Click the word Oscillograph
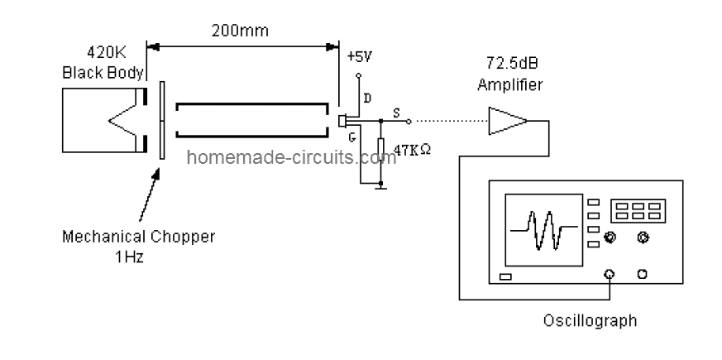[x=590, y=319]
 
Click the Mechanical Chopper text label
[x=139, y=237]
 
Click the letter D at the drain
[x=366, y=98]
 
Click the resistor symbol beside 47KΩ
[x=381, y=151]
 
